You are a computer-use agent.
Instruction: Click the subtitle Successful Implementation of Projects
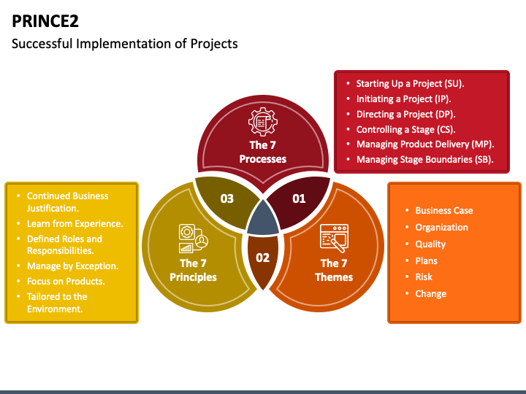click(x=125, y=44)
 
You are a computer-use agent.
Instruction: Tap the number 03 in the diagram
click(x=227, y=198)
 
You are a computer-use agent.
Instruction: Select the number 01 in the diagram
click(x=299, y=198)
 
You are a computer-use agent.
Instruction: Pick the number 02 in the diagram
click(x=262, y=258)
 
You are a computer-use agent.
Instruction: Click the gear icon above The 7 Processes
click(x=263, y=120)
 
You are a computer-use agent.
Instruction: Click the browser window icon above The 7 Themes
click(x=334, y=238)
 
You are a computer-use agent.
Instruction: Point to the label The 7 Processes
click(x=263, y=152)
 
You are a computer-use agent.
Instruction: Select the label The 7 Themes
click(x=334, y=270)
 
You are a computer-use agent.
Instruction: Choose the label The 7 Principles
click(x=194, y=270)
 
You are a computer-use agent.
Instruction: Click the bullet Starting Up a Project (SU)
click(x=410, y=83)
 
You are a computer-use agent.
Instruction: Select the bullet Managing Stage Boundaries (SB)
click(x=424, y=159)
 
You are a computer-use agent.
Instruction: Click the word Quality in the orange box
click(x=430, y=244)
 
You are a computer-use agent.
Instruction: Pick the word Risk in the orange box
click(x=424, y=277)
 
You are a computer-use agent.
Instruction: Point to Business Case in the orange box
click(x=443, y=211)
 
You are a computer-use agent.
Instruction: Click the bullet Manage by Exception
click(x=72, y=266)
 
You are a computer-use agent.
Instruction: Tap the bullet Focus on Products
click(x=66, y=282)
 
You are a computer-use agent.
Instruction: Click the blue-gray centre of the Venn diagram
click(x=263, y=219)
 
